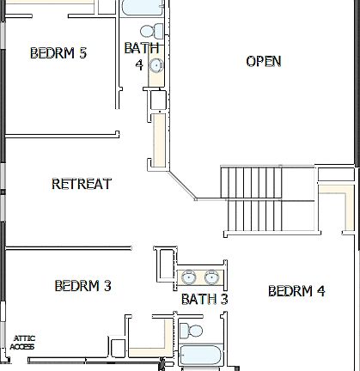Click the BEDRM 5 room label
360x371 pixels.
58,53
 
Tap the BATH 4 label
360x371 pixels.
140,56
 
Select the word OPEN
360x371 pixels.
264,61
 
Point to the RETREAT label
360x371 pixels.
82,184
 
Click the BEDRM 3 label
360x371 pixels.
82,286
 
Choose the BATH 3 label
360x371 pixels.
204,299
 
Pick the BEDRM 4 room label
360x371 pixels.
296,291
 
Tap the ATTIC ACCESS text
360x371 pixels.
23,343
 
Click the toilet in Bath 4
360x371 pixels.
157,33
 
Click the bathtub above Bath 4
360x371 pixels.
139,8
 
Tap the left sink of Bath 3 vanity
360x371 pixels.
189,277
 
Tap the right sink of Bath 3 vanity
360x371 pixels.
211,277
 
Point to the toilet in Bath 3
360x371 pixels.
194,331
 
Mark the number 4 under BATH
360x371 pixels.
140,64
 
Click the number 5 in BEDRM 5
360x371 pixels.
82,53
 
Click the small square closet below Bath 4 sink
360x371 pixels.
157,100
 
